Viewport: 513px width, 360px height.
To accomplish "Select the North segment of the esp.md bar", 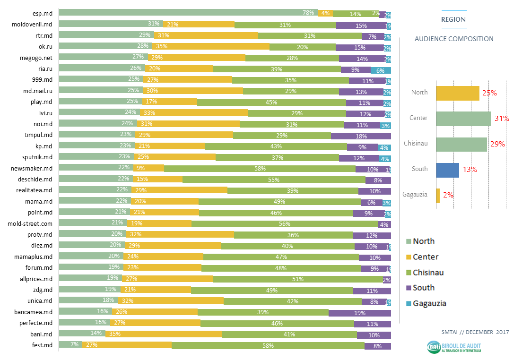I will (x=188, y=13).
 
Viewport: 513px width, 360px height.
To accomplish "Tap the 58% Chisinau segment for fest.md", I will (x=268, y=346).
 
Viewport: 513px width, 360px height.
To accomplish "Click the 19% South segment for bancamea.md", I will (x=359, y=312).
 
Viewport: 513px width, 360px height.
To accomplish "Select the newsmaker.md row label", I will (x=32, y=168).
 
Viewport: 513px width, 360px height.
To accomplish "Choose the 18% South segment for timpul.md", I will (x=361, y=136).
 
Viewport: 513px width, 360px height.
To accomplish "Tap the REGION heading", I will (x=453, y=19).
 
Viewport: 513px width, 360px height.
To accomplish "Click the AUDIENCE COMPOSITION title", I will (x=453, y=39).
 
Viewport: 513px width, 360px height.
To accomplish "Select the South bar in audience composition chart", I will (x=447, y=170).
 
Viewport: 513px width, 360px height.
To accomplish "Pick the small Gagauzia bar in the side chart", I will (x=438, y=196).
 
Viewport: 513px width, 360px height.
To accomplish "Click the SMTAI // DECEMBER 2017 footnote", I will (x=467, y=333).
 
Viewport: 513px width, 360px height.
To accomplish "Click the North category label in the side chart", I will (x=419, y=93).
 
